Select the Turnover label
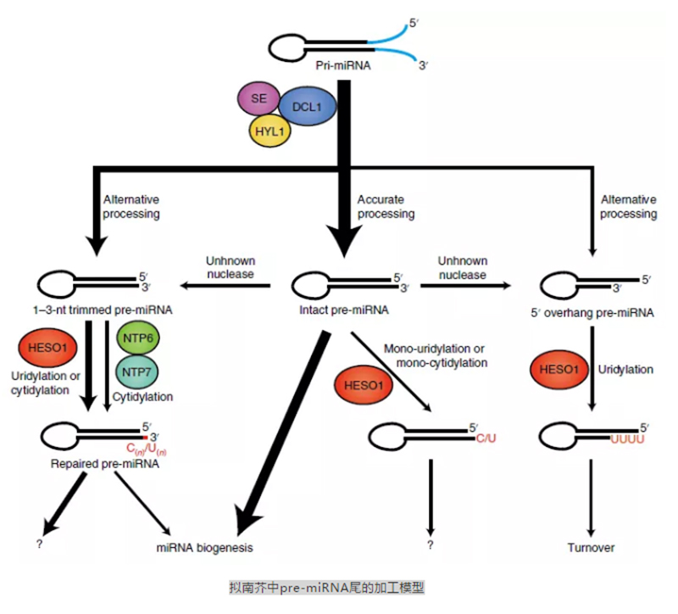pos(591,547)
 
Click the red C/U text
pos(485,439)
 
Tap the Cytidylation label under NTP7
pos(143,396)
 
